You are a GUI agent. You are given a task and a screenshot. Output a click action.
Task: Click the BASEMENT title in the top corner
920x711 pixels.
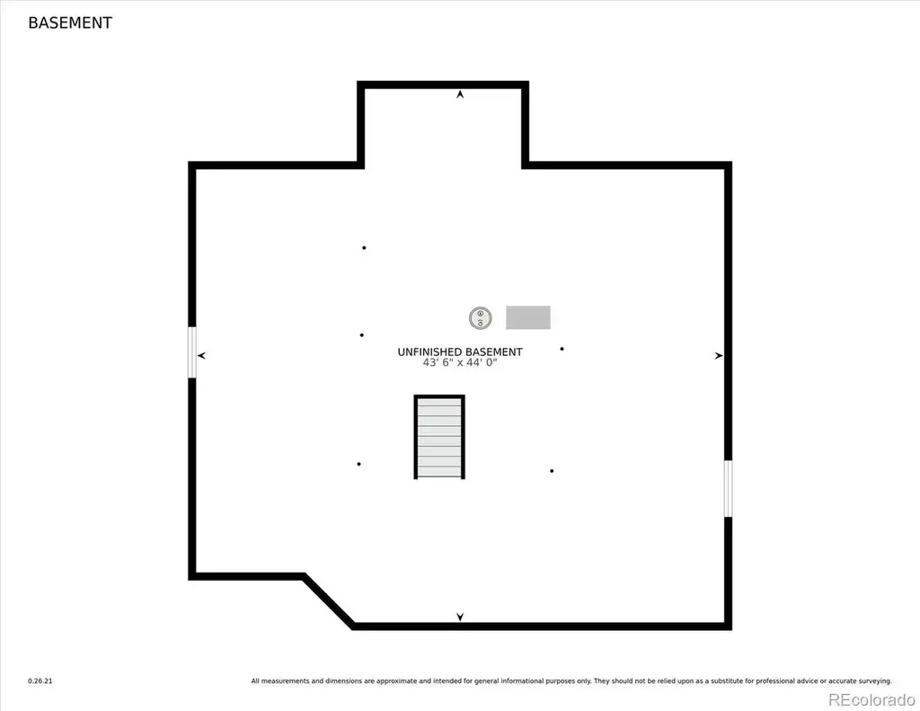[x=70, y=22]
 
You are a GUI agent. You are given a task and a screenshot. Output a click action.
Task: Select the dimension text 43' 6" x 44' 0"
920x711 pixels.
[x=460, y=363]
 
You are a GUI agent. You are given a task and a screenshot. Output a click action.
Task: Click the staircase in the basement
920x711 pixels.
[x=439, y=437]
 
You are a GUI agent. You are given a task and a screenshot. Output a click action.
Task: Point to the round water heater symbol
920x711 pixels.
[x=480, y=317]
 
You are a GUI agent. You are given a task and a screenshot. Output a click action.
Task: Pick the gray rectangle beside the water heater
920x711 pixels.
[x=528, y=317]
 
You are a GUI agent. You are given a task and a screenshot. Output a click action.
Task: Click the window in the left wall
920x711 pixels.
[x=192, y=352]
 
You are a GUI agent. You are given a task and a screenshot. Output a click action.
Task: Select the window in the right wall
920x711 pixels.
[x=728, y=488]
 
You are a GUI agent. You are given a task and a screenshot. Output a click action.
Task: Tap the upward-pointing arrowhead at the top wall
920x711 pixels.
[x=460, y=94]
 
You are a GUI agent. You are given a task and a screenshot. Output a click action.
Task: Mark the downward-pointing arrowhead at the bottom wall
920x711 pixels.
[x=460, y=617]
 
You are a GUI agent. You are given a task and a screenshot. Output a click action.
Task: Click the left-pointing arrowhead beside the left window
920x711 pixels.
[x=201, y=355]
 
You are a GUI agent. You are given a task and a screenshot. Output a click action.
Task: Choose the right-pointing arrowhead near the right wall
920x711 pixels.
[x=718, y=355]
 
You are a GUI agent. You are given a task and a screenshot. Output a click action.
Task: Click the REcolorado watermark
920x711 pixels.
[x=871, y=700]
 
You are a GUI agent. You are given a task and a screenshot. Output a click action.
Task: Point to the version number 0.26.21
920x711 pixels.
[x=40, y=681]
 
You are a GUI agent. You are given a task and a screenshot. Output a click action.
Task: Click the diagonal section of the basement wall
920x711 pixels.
[x=329, y=601]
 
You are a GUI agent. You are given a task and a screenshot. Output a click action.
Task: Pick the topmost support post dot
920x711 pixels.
[x=364, y=248]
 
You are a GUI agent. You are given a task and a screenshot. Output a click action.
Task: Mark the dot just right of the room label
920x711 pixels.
[x=562, y=349]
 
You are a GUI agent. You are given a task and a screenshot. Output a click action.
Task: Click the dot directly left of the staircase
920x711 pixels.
[x=358, y=464]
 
